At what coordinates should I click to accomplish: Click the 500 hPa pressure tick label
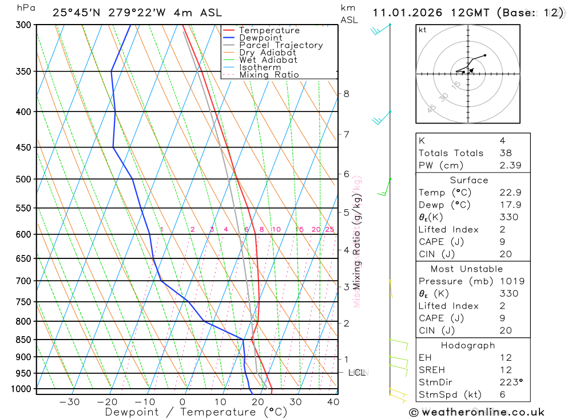pos(24,179)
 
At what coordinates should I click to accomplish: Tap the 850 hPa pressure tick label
pos(24,340)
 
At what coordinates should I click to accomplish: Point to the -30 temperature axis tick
pos(69,402)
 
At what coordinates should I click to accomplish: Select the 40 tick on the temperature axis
pos(333,402)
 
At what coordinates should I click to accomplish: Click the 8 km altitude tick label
pos(346,94)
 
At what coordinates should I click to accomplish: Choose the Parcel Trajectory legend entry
pos(281,45)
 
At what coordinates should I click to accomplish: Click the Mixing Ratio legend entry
pos(269,75)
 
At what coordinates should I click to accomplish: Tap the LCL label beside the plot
pos(357,373)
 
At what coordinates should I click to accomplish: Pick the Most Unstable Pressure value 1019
pos(509,281)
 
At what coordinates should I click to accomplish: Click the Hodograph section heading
pos(468,345)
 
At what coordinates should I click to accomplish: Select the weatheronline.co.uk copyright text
pos(476,412)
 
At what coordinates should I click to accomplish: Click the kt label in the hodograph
pos(423,30)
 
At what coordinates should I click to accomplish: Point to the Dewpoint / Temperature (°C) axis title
pos(196,412)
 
